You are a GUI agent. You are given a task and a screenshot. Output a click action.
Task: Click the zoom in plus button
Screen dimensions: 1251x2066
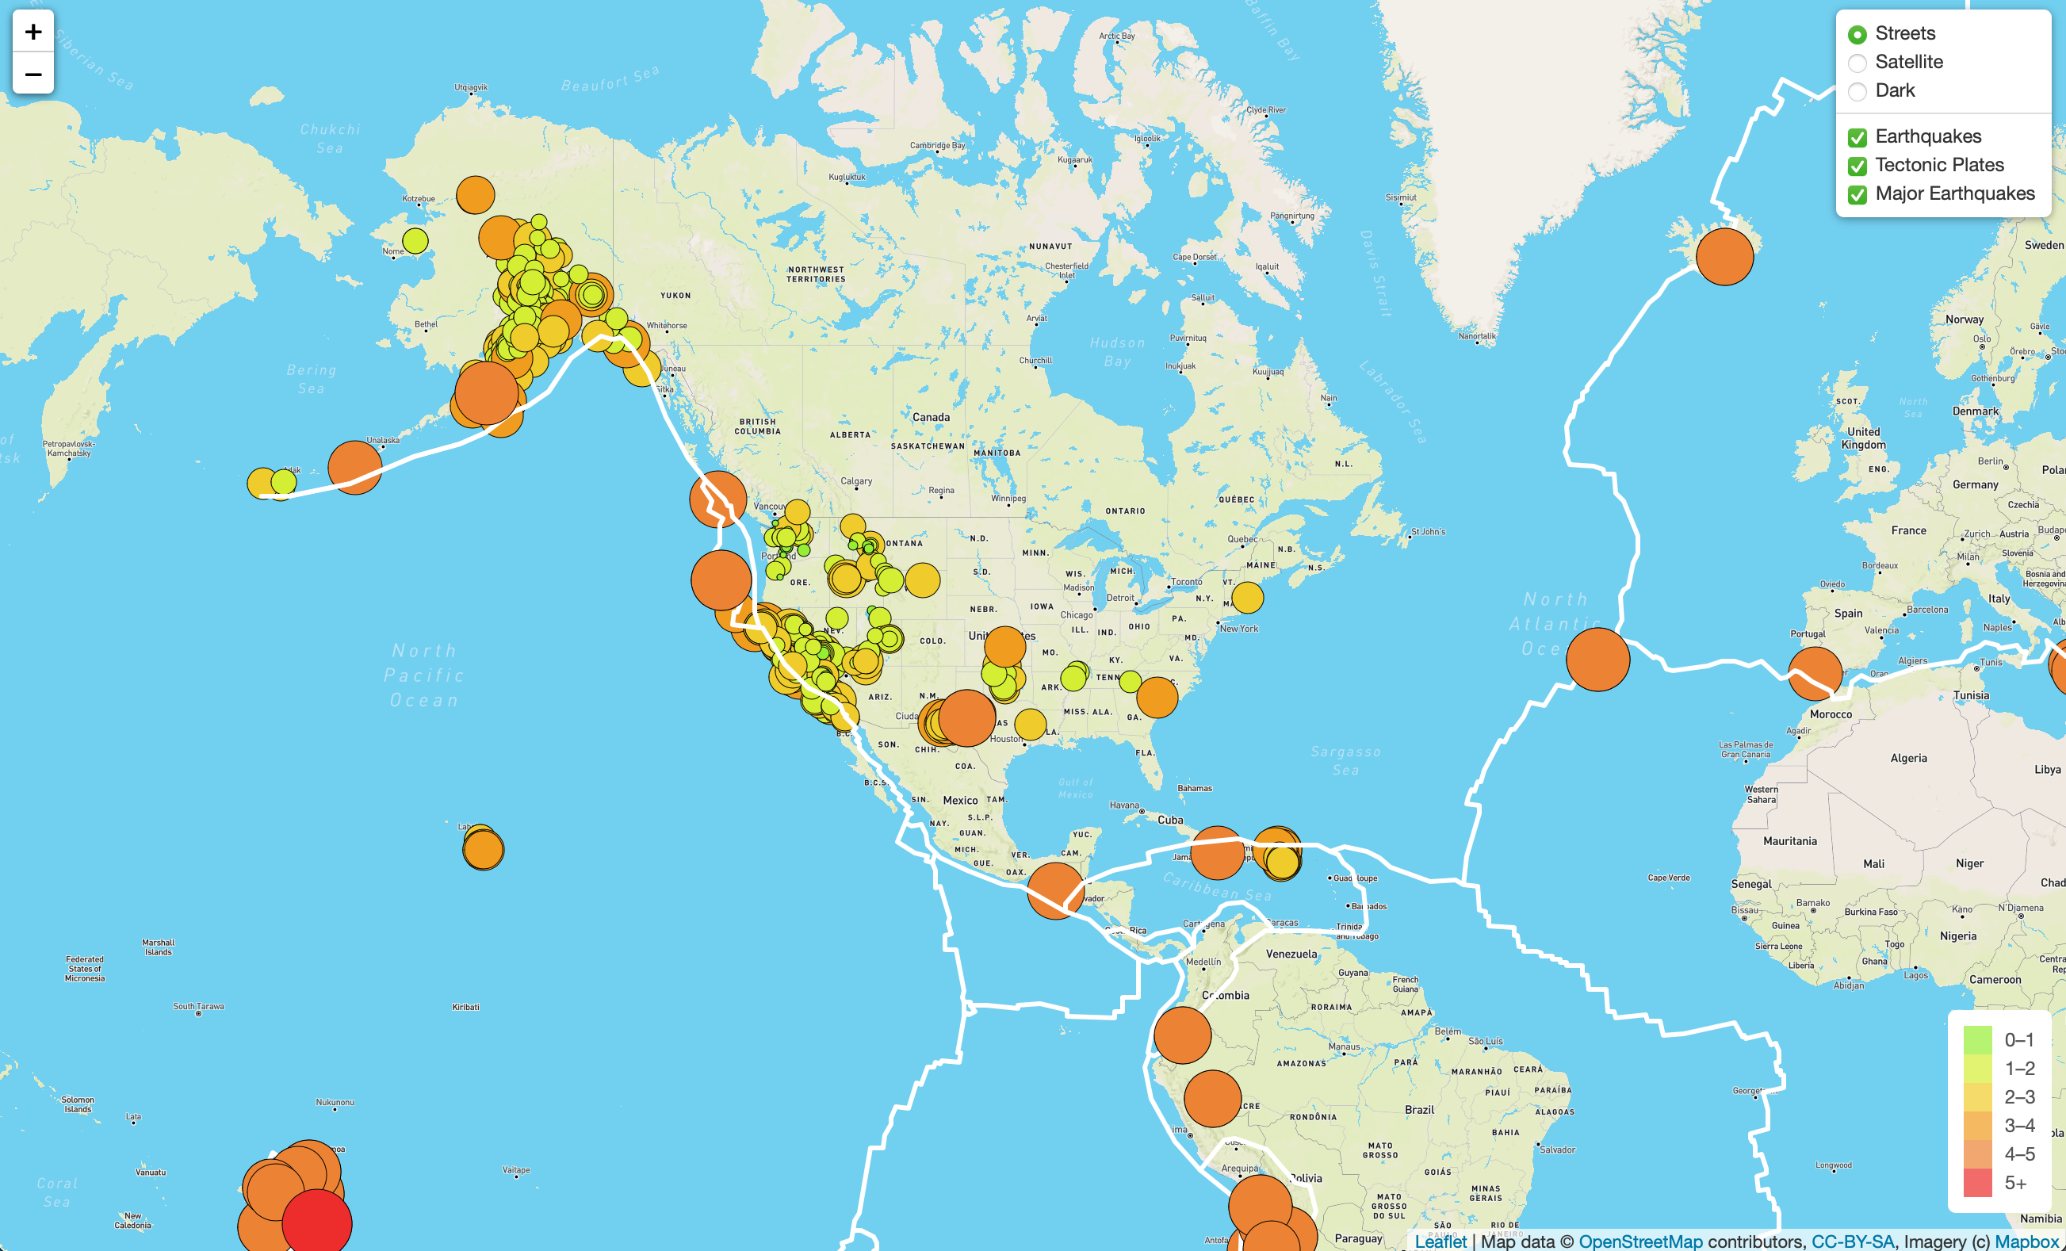(x=33, y=32)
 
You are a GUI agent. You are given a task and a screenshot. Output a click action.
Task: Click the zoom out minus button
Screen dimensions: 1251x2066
(x=33, y=75)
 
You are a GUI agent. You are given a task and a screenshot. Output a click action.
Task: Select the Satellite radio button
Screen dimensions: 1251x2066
(x=1857, y=63)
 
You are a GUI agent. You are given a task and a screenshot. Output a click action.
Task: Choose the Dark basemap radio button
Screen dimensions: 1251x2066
(x=1857, y=91)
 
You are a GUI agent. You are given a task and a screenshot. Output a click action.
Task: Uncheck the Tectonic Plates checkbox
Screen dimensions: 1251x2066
(x=1857, y=166)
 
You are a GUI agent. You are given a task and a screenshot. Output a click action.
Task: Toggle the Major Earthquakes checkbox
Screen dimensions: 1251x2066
(x=1857, y=194)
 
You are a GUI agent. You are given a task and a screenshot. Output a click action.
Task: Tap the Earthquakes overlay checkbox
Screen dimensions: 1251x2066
(x=1857, y=137)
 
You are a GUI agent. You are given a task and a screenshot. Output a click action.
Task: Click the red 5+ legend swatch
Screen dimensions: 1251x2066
(x=1977, y=1183)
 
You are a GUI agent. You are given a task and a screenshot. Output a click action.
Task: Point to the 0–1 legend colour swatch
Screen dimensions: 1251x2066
(x=1977, y=1039)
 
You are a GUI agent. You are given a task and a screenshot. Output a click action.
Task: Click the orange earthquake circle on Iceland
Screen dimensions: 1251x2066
(x=1724, y=257)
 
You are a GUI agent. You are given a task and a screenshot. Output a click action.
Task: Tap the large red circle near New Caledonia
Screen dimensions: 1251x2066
(x=317, y=1222)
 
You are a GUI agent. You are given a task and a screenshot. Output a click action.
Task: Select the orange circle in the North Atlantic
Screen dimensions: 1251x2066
(x=1597, y=659)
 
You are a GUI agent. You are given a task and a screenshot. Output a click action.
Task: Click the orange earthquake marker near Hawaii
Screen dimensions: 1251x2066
(x=483, y=849)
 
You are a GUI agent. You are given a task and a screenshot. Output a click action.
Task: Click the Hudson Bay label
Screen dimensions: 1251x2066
(x=1117, y=352)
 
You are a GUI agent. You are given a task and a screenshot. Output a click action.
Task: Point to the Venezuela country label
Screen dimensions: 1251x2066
(x=1291, y=955)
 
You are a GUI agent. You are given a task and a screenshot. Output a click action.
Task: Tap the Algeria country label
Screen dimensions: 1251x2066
(x=1907, y=759)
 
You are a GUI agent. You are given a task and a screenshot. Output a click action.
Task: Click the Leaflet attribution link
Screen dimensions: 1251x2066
(x=1440, y=1241)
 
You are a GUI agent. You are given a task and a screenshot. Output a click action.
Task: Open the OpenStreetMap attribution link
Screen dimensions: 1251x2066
(x=1640, y=1241)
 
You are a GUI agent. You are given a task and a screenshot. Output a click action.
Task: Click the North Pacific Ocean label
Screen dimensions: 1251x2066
(x=424, y=675)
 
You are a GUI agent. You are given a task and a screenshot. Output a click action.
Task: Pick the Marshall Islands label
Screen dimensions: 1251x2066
(x=158, y=947)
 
